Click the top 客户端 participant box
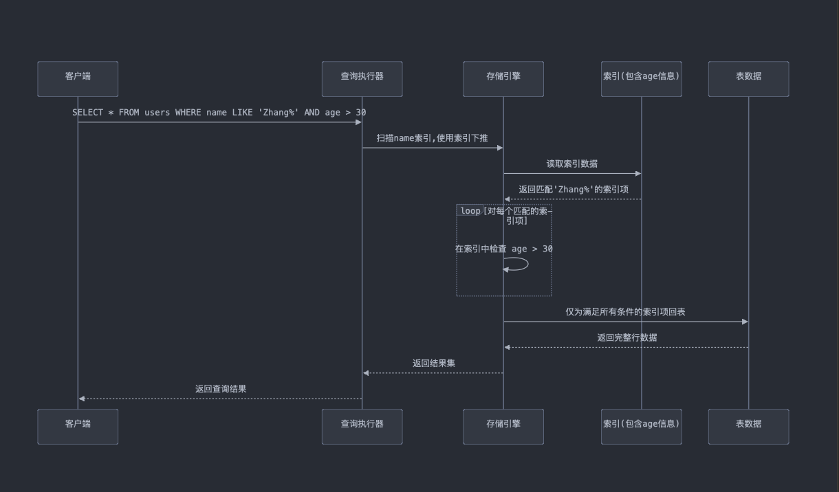point(78,79)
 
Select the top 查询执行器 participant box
point(362,79)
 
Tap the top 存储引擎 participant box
point(503,79)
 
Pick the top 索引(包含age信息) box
point(641,79)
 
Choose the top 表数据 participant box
point(748,79)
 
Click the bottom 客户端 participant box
point(78,427)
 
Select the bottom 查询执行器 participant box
point(362,427)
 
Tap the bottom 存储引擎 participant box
point(503,427)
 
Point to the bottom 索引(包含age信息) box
point(641,427)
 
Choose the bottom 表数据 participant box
point(748,427)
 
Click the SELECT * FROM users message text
point(219,112)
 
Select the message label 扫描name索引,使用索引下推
point(432,138)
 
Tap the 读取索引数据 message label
point(571,164)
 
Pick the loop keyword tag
point(470,211)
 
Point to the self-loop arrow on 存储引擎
point(521,264)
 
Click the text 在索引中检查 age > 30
point(503,249)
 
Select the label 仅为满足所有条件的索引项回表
point(625,312)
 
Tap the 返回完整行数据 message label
point(626,337)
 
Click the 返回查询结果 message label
point(221,389)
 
